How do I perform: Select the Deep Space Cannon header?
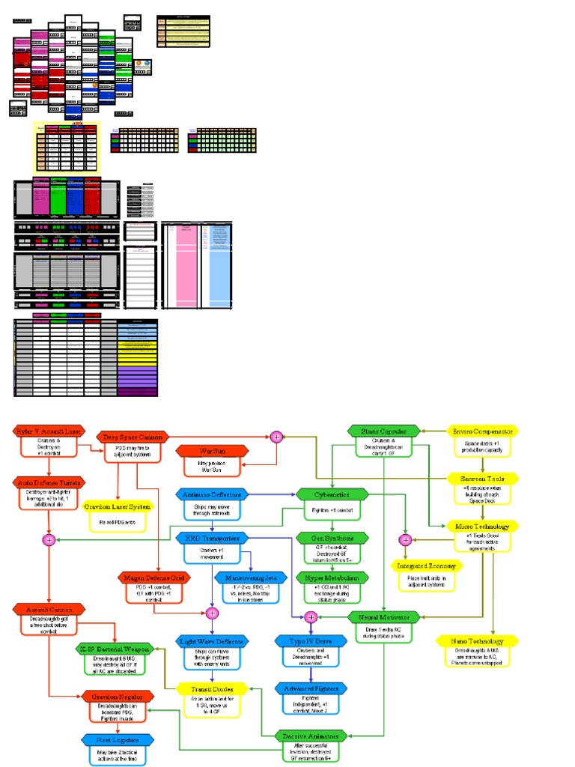coord(133,436)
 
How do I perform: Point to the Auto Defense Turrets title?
coord(49,483)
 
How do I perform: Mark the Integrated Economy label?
coord(425,566)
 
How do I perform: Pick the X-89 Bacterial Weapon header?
coord(115,648)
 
